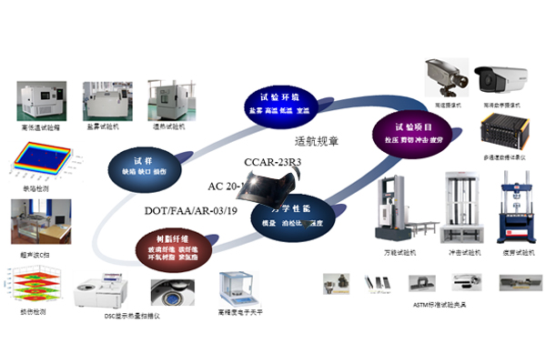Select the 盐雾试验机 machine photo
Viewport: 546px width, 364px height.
(106, 102)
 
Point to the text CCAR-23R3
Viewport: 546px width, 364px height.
(273, 163)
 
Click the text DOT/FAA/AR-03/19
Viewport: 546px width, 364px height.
(192, 211)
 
